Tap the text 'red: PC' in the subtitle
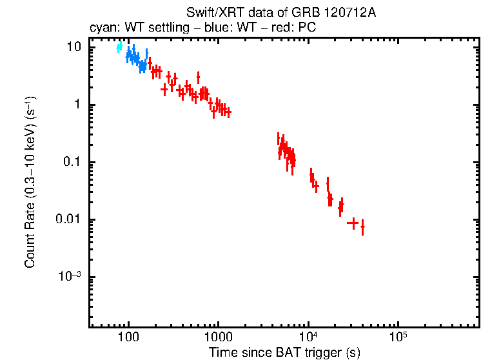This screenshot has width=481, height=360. point(294,29)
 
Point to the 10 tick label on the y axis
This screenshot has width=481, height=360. point(74,48)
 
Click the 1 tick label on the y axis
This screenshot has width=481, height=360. point(78,105)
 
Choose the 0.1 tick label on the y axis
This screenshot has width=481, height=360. point(73,162)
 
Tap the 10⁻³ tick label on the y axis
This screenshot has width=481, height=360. point(70,276)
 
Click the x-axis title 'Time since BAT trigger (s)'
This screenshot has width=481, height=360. point(284,352)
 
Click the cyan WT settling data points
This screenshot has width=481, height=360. point(119,47)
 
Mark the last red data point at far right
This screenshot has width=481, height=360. point(362,227)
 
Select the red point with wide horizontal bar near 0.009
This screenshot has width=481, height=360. point(352,223)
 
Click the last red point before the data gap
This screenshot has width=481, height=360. point(228,112)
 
